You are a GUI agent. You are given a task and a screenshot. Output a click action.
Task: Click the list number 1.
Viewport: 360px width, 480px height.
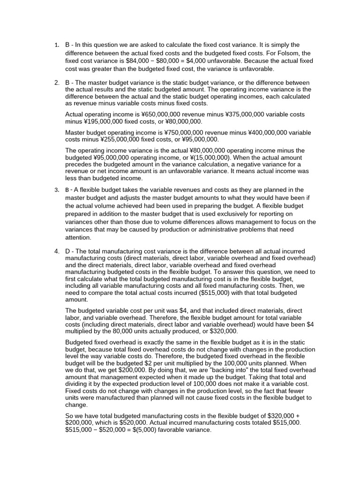(56, 45)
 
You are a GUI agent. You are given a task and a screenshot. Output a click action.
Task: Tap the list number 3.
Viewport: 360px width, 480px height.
(56, 190)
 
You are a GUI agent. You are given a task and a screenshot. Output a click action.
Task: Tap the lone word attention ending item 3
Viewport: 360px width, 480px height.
(78, 238)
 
